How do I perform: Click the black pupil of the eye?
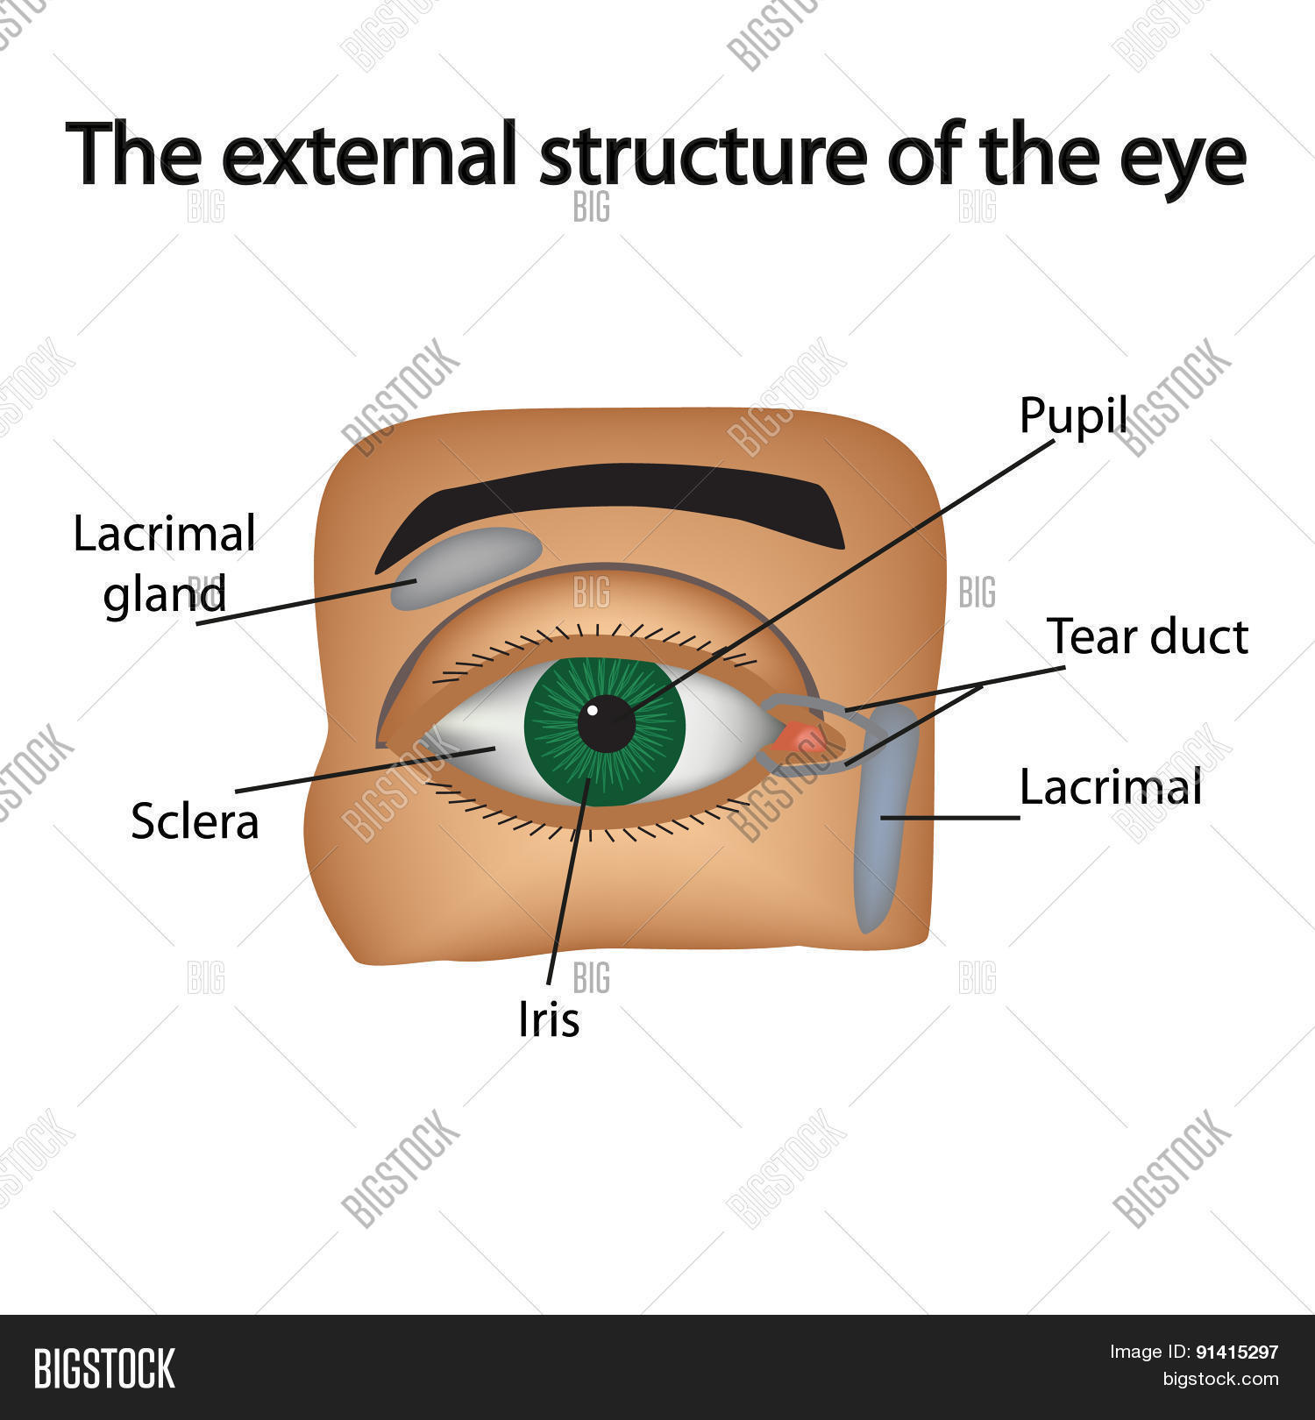coord(607,724)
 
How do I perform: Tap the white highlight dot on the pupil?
coord(593,709)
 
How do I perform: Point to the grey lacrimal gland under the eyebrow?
coord(465,565)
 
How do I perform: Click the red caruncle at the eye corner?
coord(800,738)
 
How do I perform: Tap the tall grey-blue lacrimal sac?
coord(885,815)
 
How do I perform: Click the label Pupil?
coord(1073,415)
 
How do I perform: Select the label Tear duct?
coord(1147,636)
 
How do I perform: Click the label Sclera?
coord(195,822)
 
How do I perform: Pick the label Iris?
coord(549,1019)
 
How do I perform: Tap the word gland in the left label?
coord(165,596)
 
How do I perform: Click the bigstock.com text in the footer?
coord(1220,1380)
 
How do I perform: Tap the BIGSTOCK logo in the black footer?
coord(104,1368)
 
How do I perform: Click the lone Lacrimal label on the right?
coord(1110,787)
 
